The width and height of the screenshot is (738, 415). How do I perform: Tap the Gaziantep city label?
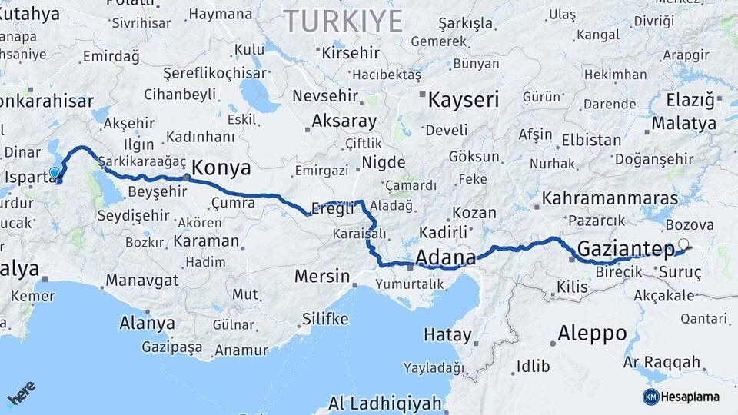(625, 247)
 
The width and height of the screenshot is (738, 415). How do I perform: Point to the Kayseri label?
(463, 100)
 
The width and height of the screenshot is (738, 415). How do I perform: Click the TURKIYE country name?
(344, 22)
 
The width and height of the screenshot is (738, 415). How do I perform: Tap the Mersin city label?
(323, 277)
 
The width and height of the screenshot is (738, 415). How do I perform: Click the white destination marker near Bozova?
(683, 244)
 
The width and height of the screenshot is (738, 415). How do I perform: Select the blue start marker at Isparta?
(55, 172)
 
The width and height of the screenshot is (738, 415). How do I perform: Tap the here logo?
(21, 394)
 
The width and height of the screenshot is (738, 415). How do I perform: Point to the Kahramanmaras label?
(610, 198)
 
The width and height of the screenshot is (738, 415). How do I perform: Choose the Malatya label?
(683, 123)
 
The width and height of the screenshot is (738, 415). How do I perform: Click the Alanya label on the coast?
(147, 323)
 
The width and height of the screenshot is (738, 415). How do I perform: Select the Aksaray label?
(344, 121)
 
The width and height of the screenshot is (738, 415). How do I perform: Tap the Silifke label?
(325, 318)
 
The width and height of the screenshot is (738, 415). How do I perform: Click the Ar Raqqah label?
(662, 361)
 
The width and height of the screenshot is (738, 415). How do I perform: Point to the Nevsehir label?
(324, 97)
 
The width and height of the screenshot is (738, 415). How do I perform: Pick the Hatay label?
(447, 335)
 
